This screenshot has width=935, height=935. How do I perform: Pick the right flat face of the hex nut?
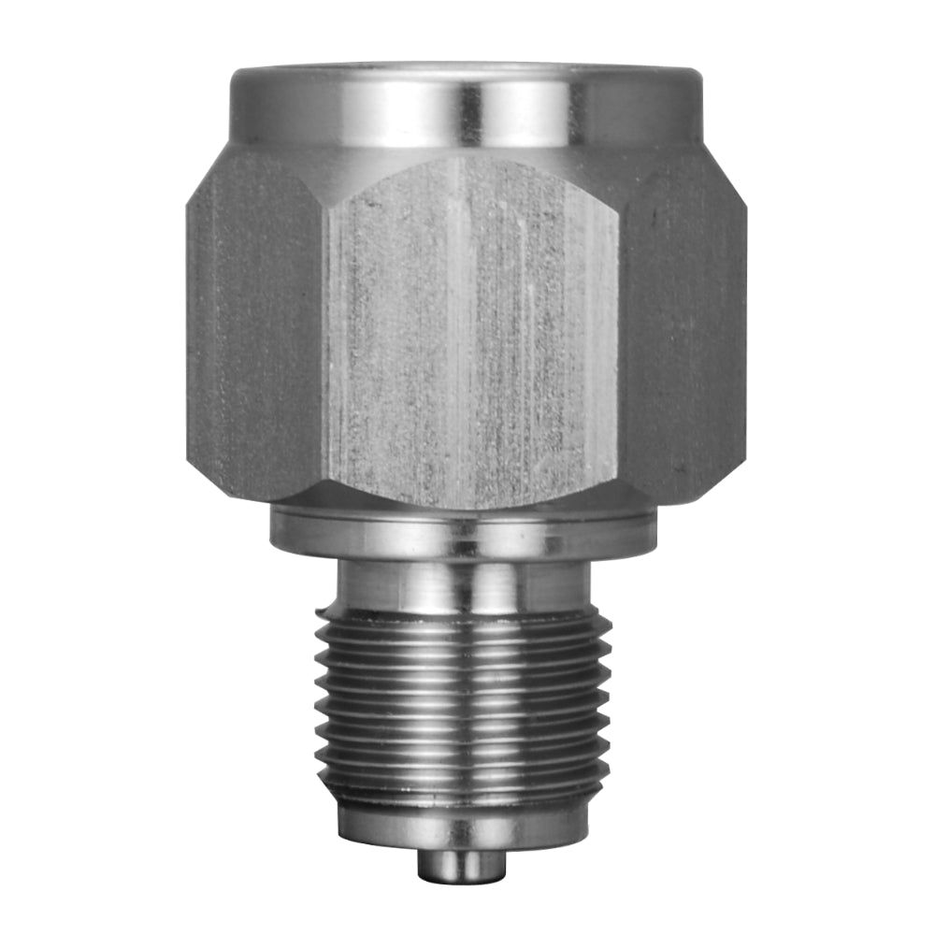[x=683, y=327]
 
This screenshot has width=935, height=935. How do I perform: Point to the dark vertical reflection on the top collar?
[x=467, y=110]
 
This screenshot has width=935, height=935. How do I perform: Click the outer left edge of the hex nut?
[x=190, y=327]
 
